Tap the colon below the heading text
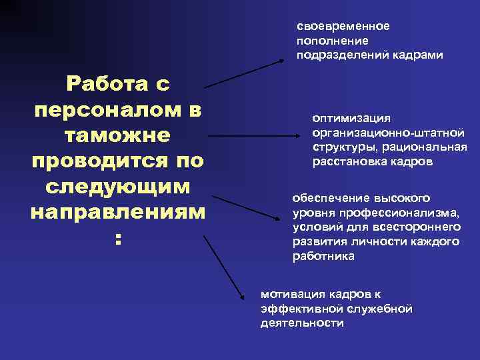[117, 239]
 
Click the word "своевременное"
[343, 27]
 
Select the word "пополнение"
[327, 41]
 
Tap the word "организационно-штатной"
[388, 133]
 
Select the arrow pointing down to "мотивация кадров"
[225, 266]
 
